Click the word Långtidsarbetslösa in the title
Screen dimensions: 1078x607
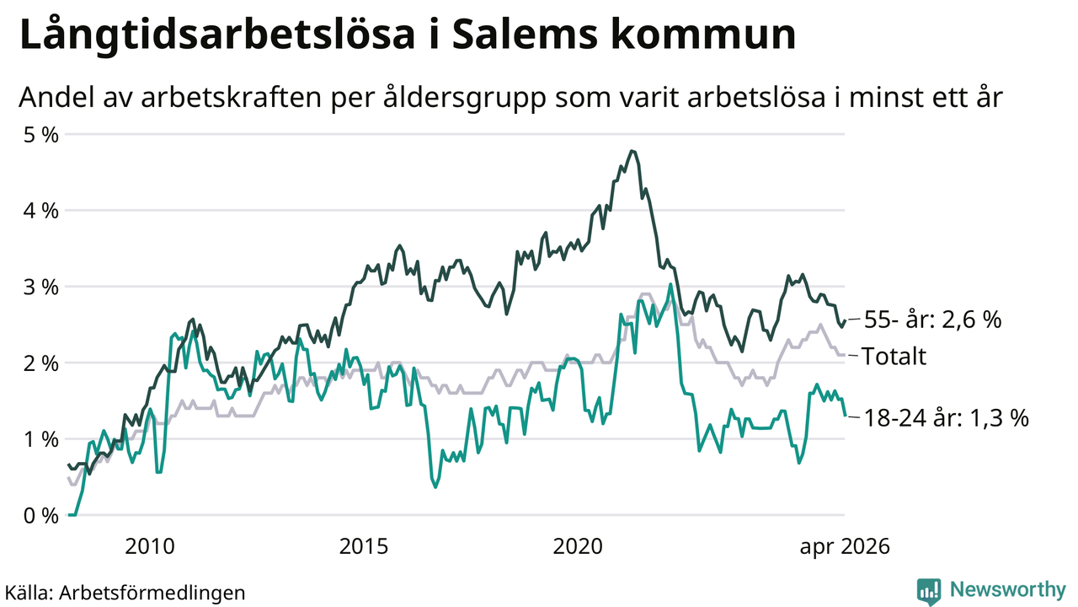(x=217, y=36)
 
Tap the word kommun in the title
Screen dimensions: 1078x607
(x=703, y=35)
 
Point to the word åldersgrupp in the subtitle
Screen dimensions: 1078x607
(x=465, y=99)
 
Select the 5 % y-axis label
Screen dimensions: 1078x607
(x=41, y=135)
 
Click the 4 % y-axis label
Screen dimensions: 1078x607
(x=41, y=211)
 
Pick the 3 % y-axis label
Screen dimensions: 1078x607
(x=41, y=287)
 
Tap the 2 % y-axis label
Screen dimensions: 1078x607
(x=41, y=363)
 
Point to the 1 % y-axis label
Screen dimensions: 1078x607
(x=41, y=439)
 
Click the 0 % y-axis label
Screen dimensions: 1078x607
(x=41, y=515)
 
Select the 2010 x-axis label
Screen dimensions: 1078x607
(x=150, y=546)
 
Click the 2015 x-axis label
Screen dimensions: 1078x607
(x=363, y=546)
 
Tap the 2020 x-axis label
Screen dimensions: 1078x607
(x=578, y=546)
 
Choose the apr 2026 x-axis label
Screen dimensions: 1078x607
(x=845, y=547)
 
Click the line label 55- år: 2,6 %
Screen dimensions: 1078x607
(x=932, y=320)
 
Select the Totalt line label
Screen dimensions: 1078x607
(x=894, y=357)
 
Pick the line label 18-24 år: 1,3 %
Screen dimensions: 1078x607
(x=947, y=417)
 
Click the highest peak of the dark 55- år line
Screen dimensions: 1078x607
(x=632, y=151)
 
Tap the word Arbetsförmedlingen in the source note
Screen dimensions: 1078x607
(x=152, y=593)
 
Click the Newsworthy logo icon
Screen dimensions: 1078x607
(x=929, y=591)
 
